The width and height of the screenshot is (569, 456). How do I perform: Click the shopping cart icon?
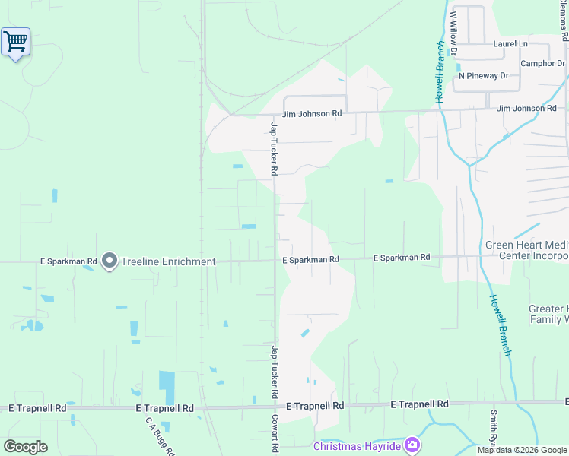click(x=15, y=42)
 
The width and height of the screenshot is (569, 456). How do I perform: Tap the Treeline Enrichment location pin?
click(x=109, y=261)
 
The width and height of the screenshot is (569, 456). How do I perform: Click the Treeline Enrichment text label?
click(x=168, y=261)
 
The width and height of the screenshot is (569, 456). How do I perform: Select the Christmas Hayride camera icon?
click(x=412, y=445)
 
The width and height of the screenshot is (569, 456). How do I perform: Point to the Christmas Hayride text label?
click(x=357, y=446)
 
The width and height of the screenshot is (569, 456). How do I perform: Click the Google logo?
click(x=25, y=447)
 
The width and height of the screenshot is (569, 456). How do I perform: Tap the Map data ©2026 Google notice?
click(x=522, y=450)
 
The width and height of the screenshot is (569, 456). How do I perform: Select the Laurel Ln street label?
click(x=510, y=44)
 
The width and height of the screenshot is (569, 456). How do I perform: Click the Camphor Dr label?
click(x=543, y=63)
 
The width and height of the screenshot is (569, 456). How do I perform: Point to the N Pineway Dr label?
click(x=483, y=76)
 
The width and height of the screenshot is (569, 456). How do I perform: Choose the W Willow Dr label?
click(x=453, y=33)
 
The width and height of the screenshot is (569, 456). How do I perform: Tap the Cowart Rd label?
click(x=275, y=434)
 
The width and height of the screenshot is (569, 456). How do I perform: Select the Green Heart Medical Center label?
click(x=527, y=250)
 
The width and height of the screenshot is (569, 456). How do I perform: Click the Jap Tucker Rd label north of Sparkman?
click(x=273, y=148)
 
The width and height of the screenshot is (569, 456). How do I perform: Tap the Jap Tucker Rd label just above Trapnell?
click(x=273, y=372)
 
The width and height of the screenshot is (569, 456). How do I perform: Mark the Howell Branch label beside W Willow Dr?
click(x=440, y=72)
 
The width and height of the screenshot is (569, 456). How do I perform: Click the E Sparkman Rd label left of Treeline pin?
click(x=68, y=261)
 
